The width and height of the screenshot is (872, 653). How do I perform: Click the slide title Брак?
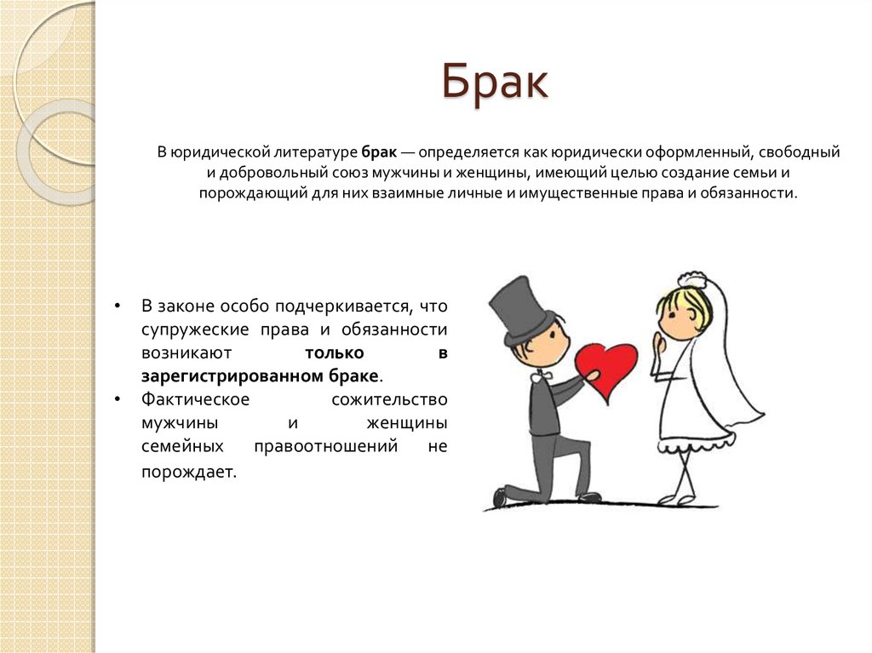pyautogui.click(x=495, y=83)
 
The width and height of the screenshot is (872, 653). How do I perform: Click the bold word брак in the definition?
pyautogui.click(x=379, y=152)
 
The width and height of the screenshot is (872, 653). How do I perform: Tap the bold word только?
pyautogui.click(x=334, y=353)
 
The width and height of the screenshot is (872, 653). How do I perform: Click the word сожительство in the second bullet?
pyautogui.click(x=389, y=399)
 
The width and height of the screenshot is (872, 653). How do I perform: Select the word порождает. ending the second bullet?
pyautogui.click(x=189, y=473)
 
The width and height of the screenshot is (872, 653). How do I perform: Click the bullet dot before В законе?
pyautogui.click(x=117, y=306)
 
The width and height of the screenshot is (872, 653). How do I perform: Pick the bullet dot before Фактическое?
pyautogui.click(x=117, y=399)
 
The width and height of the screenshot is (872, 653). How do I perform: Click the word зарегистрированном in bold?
pyautogui.click(x=232, y=376)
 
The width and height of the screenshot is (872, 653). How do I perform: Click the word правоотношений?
pyautogui.click(x=326, y=447)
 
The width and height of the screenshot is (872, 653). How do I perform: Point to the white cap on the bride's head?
pyautogui.click(x=691, y=280)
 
